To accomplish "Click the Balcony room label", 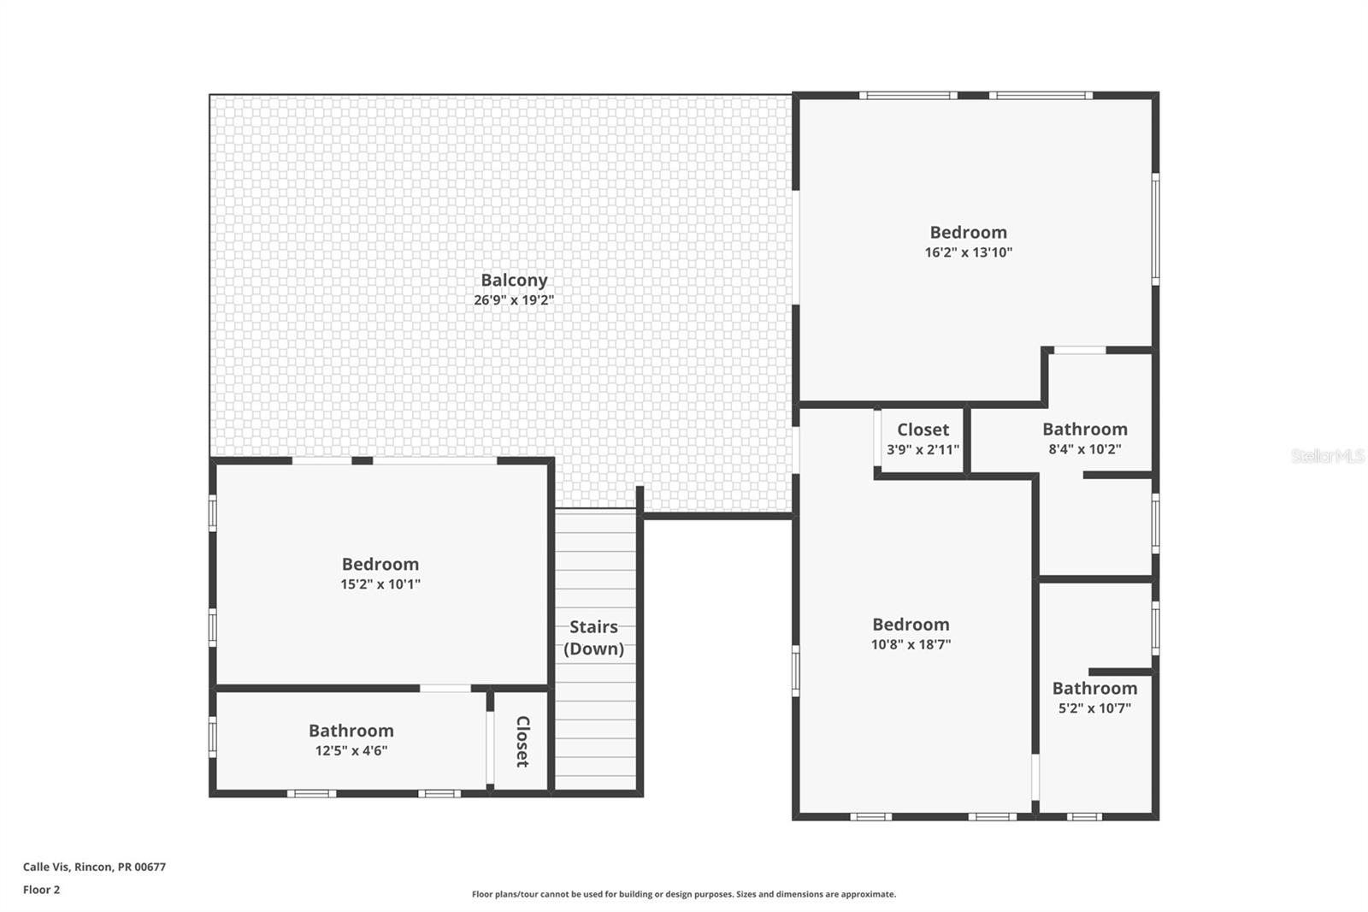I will (x=514, y=280).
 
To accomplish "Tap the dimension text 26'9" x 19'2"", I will (x=514, y=300).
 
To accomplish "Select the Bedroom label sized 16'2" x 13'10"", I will (x=968, y=232).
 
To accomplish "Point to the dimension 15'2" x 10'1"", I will (x=380, y=584).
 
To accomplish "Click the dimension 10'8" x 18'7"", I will (x=911, y=645).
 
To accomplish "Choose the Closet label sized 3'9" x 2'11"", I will (x=923, y=429).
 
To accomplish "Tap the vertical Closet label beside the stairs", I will (x=522, y=741).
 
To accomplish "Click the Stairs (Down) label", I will (x=593, y=637).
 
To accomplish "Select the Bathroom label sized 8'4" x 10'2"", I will (x=1084, y=429).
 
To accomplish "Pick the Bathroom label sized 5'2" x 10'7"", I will (x=1094, y=688).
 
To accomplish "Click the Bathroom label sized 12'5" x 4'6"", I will (x=351, y=731).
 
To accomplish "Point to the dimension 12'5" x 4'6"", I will (x=351, y=751).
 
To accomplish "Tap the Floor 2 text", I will (x=41, y=890).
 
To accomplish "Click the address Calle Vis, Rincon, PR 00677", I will (x=94, y=867).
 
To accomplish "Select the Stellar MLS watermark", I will (x=1327, y=456).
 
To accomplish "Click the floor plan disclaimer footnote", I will (x=684, y=894).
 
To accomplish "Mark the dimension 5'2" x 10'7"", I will (x=1094, y=708).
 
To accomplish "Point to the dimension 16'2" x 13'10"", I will (x=968, y=252).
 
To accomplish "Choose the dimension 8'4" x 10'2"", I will (x=1084, y=449).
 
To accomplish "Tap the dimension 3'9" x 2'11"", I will (x=923, y=450).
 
